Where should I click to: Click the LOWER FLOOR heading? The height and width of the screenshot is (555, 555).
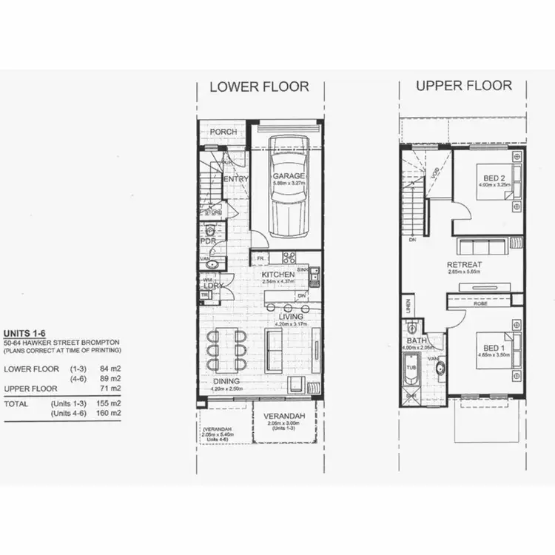click(x=259, y=87)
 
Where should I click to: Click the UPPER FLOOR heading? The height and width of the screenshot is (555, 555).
click(x=463, y=85)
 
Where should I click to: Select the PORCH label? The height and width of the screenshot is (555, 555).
click(x=223, y=132)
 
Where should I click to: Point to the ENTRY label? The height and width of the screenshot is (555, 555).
click(x=235, y=178)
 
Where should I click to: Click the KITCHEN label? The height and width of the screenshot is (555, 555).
click(x=278, y=275)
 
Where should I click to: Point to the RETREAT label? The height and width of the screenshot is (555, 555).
click(x=464, y=265)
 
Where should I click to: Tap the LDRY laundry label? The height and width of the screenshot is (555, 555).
click(x=214, y=286)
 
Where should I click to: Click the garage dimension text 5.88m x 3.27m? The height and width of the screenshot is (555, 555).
click(x=288, y=184)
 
